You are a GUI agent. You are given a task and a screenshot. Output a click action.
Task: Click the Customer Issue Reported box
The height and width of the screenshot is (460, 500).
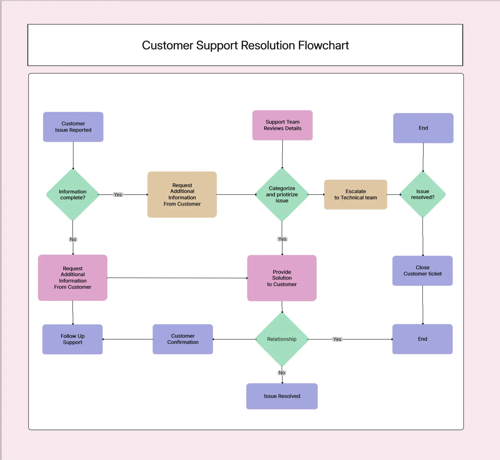coord(73,127)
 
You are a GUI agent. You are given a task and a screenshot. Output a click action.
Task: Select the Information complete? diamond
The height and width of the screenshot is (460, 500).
coord(73,195)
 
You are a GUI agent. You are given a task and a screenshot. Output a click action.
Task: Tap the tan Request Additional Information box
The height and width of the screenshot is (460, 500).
coord(182,195)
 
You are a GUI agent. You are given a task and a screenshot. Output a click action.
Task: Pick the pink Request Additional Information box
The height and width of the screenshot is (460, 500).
coord(73,278)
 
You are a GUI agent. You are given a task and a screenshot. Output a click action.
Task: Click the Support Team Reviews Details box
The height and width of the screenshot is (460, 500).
coord(282,125)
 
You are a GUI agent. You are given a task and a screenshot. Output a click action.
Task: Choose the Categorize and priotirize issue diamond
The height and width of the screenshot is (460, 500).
coord(282,195)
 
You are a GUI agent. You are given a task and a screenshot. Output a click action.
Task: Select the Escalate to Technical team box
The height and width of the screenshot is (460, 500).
coord(355,195)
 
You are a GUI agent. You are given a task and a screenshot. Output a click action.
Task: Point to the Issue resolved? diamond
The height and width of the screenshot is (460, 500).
coord(423,194)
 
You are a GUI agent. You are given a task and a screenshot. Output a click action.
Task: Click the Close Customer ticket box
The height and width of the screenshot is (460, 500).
coord(422,271)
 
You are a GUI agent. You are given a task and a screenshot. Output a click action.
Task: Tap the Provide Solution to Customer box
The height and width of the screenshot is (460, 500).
coord(282,278)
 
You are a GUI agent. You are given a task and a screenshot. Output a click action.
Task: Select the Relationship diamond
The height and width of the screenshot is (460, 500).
coord(282,339)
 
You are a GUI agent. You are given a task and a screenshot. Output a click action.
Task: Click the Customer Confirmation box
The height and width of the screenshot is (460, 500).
coord(183,339)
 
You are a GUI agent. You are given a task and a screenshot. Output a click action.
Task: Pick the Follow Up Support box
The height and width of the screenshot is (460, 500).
coord(72,339)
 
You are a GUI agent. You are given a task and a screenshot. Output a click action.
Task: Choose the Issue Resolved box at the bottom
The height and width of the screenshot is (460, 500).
coord(282,396)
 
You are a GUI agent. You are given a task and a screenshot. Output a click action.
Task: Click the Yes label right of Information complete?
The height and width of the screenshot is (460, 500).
coord(118,195)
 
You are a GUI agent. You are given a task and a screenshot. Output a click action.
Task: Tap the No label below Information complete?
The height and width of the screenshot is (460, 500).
coord(73,239)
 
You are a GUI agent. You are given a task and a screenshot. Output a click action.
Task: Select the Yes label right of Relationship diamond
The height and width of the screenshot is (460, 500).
coord(337,339)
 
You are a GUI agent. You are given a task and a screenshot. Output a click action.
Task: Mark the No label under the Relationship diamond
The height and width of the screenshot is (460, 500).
coord(282,373)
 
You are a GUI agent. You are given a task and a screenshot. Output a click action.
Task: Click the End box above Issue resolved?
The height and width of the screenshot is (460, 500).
coord(423,128)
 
